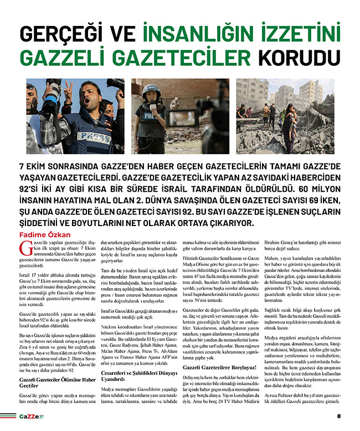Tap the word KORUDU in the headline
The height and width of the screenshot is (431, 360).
[x=296, y=59]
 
